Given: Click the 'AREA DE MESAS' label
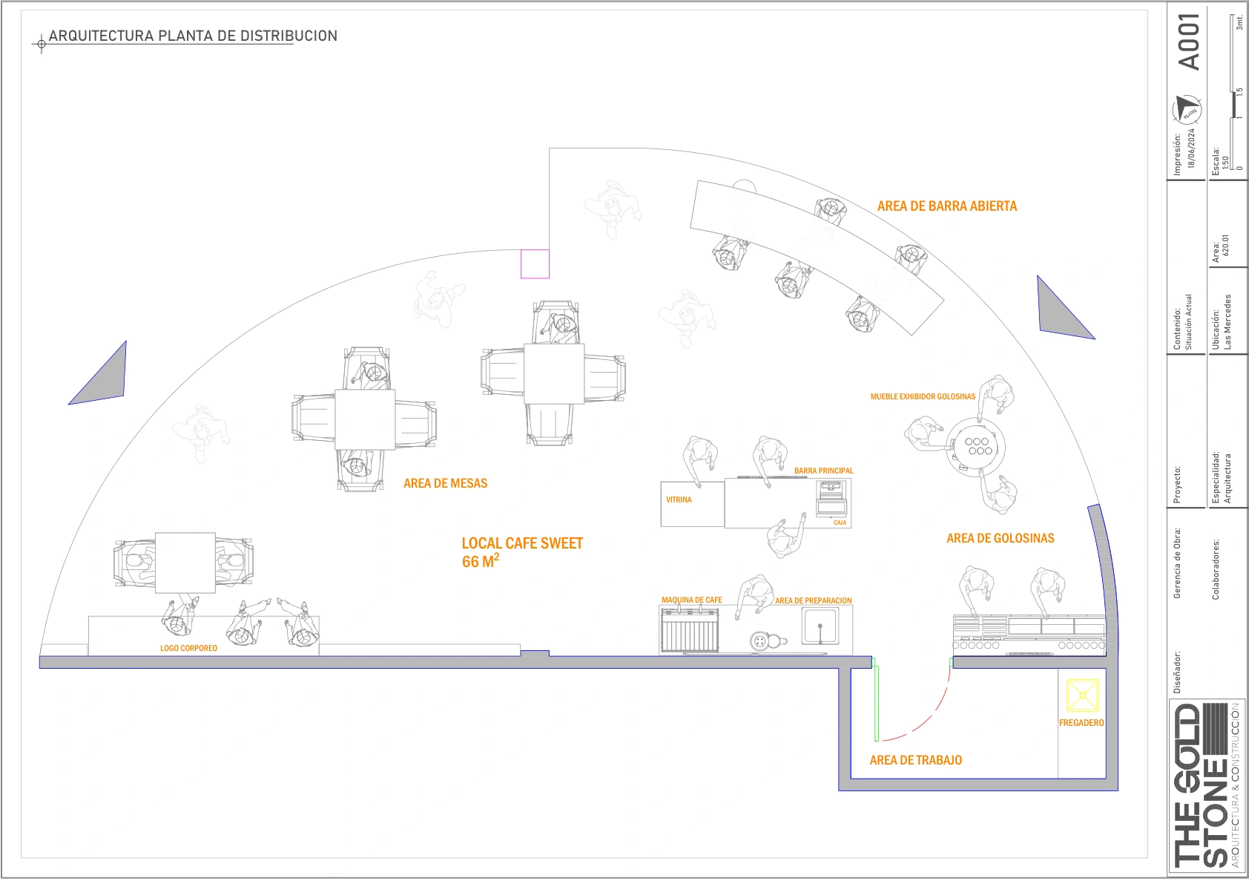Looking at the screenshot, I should coord(445,483).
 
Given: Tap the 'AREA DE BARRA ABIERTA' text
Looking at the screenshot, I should coord(946,206).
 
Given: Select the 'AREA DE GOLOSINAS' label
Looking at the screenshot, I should coord(1000,538).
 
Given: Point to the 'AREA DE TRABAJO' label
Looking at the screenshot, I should coord(915,760).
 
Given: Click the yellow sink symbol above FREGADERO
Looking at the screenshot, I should coord(1082,696).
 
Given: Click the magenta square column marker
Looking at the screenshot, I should coord(535,263).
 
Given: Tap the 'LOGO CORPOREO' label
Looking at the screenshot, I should coord(188,648).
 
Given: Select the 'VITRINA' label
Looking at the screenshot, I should coord(679,500).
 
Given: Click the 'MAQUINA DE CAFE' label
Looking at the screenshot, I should coord(691,600).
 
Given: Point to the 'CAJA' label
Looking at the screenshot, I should coord(840,523).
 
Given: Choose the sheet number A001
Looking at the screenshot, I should coord(1189,42).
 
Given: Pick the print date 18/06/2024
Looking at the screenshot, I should coord(1191,148).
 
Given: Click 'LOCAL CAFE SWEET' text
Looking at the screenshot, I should coord(522,543).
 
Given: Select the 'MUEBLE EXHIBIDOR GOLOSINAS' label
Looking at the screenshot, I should coord(923,396).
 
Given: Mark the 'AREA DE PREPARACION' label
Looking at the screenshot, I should coord(813,600).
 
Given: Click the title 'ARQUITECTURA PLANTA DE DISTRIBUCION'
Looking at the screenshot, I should coord(193,36).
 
